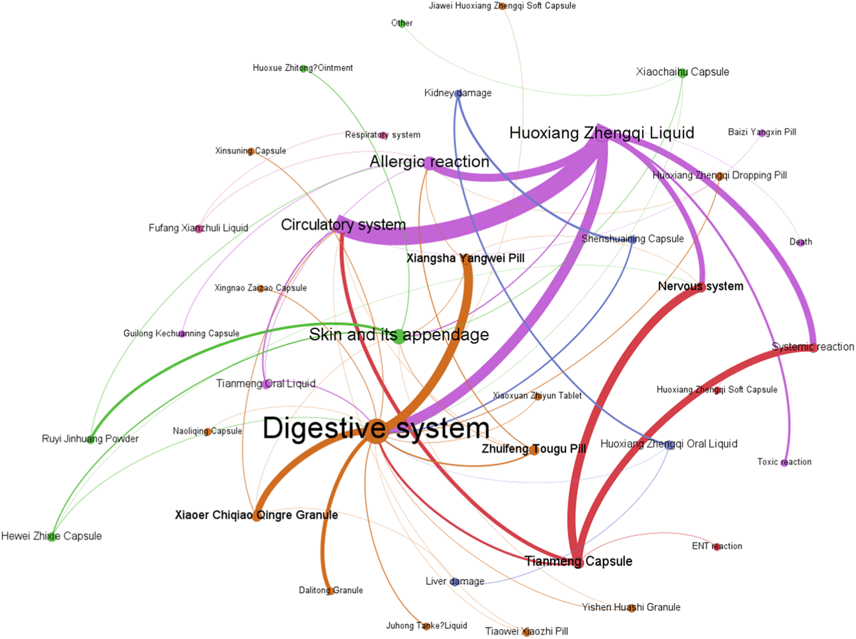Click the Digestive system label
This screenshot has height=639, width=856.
(376, 428)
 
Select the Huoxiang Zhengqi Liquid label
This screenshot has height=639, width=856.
(601, 133)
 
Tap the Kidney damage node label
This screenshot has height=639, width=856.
(458, 93)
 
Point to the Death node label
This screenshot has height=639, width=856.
(800, 242)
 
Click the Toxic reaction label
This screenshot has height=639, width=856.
(784, 462)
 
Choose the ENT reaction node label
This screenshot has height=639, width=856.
(717, 546)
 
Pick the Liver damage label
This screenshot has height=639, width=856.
(455, 581)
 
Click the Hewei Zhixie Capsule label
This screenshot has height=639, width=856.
(51, 536)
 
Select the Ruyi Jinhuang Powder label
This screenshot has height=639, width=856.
(90, 438)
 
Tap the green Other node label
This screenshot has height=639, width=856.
(402, 23)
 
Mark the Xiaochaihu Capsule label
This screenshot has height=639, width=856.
(682, 72)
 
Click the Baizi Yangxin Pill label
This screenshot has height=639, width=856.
(762, 132)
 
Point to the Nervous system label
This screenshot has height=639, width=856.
(700, 286)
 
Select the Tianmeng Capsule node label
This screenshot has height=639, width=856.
(578, 561)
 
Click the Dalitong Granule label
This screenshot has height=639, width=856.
(330, 590)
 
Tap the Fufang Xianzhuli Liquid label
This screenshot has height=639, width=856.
(198, 228)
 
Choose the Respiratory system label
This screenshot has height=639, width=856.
(382, 135)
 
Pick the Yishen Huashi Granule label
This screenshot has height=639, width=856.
(631, 607)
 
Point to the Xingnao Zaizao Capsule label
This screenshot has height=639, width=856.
(260, 288)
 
